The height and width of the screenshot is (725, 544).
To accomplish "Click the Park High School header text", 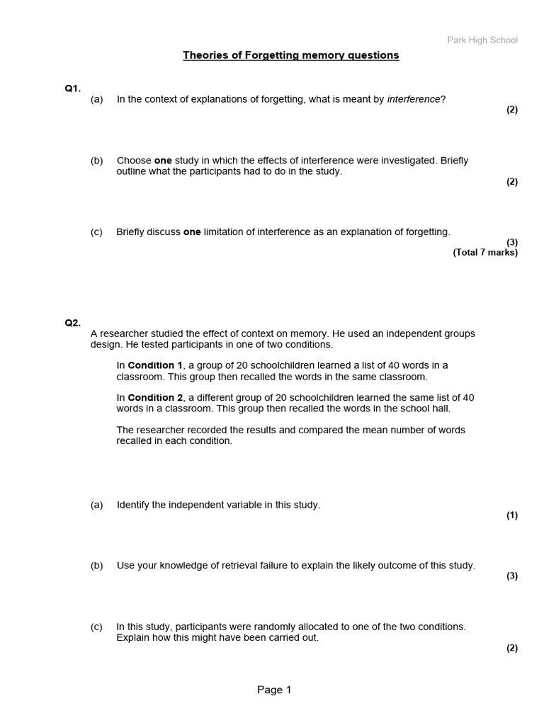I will point(482,40).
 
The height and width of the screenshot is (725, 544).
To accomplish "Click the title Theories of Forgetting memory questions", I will point(291,55).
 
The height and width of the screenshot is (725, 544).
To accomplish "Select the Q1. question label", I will point(73,89).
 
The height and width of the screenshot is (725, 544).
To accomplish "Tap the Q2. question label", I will point(73,323).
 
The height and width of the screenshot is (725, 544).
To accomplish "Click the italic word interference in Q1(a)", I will point(414,99).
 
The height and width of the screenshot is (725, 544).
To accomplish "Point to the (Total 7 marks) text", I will point(485,252).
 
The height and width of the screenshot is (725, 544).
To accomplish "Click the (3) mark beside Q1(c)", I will point(512,242).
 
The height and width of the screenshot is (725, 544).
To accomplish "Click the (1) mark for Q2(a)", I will point(512,515).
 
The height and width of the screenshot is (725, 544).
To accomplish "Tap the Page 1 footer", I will point(274,690).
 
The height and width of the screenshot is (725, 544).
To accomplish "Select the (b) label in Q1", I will point(96,161).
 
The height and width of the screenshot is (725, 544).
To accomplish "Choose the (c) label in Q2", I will point(96,627).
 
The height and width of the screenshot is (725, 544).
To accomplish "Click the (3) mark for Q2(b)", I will point(512,576).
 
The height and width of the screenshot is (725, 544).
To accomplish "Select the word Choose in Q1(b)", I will point(134,161).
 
